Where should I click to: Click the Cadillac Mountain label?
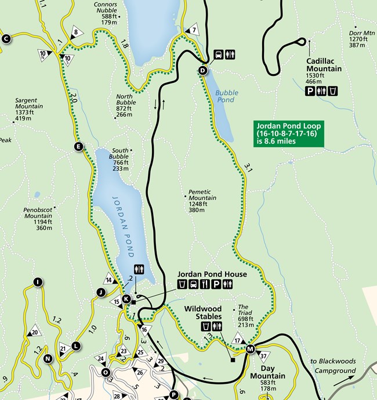324,65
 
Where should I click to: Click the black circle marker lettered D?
202,71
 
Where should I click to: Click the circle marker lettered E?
78,147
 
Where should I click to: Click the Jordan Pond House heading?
212,274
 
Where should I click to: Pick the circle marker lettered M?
250,349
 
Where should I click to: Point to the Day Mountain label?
268,372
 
